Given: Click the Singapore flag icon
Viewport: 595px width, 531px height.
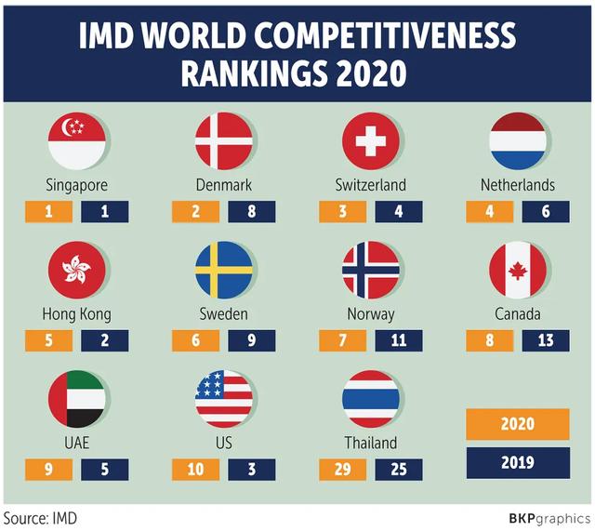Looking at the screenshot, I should click(76, 140).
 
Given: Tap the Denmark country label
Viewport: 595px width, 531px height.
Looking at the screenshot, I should click(223, 185).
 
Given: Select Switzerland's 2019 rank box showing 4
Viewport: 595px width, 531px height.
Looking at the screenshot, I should click(399, 211).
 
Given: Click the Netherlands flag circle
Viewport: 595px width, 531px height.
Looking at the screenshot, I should click(517, 140).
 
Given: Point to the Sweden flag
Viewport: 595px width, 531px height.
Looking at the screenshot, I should click(223, 270).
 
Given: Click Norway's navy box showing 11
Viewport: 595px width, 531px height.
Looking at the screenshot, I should click(399, 340).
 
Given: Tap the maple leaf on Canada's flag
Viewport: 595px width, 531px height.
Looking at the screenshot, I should click(517, 270).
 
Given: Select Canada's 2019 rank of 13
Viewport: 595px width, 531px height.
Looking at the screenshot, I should click(546, 340).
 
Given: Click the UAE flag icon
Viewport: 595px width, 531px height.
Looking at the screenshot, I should click(76, 398).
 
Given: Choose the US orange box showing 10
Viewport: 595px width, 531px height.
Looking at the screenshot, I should click(195, 469).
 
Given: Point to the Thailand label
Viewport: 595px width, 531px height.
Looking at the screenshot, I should click(370, 443).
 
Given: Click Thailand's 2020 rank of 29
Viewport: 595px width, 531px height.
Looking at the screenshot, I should click(342, 469).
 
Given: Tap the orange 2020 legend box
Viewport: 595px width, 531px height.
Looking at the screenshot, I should click(517, 424).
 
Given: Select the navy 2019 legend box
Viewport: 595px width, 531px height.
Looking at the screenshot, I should click(517, 462).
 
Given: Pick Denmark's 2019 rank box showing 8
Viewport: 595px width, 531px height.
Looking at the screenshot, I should click(252, 211).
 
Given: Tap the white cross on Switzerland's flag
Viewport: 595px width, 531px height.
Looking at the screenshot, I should click(370, 140).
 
